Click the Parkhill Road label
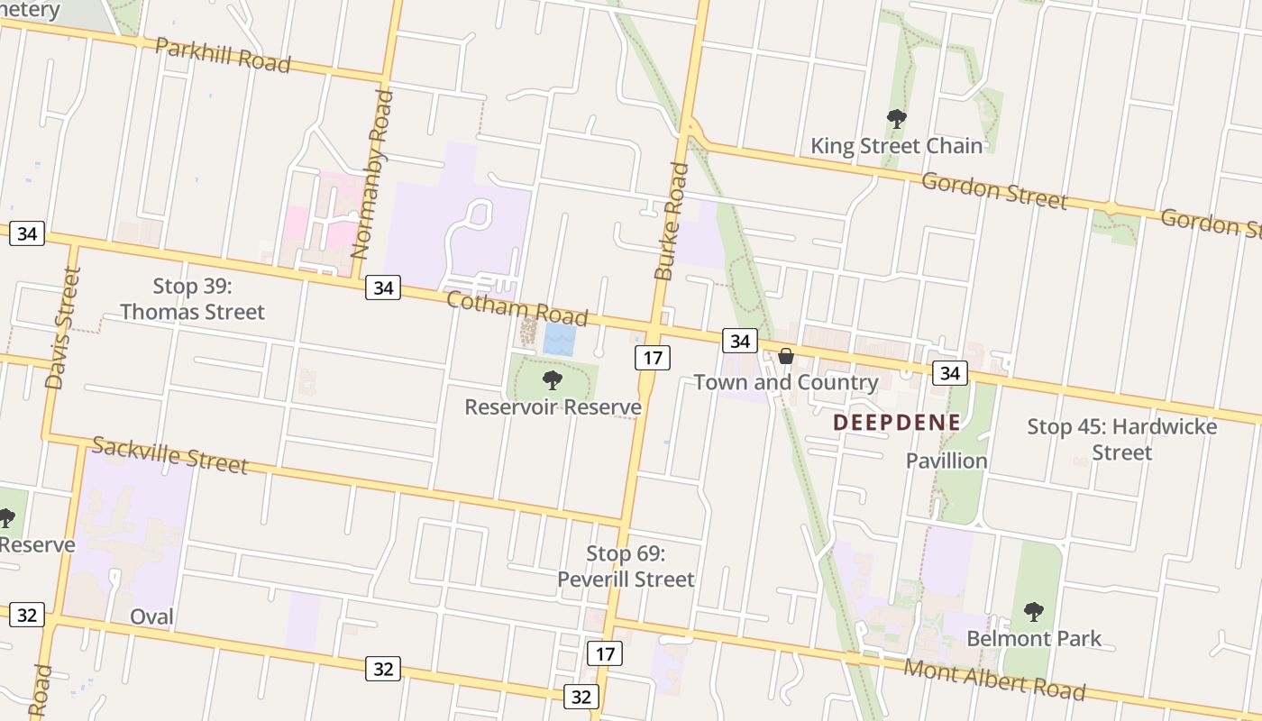coord(223,55)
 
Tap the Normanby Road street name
coord(372,173)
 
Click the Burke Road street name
coord(672,221)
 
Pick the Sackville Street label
coord(169,455)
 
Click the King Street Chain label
coord(896,146)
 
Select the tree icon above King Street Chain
coord(896,119)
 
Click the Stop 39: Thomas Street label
coord(193,299)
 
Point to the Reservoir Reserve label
coord(553,407)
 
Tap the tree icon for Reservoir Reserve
coord(553,380)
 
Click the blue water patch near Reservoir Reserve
coord(559,340)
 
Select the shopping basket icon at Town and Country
coord(786,356)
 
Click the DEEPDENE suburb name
coord(896,422)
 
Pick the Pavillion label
coord(946,461)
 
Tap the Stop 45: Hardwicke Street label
coord(1121,439)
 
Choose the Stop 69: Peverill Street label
coord(626,566)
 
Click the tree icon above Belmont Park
coord(1034,612)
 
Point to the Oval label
coord(151,617)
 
